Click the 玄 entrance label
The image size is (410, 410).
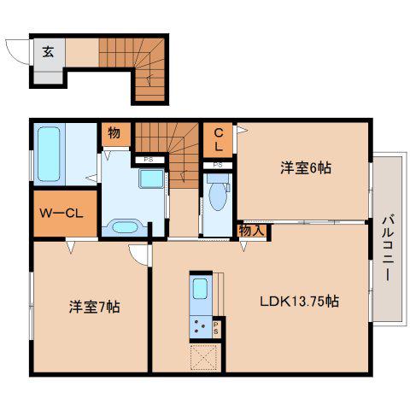click(48, 52)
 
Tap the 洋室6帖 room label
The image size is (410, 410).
click(306, 167)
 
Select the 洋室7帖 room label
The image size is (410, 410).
click(94, 307)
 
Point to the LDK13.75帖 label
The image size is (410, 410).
click(299, 301)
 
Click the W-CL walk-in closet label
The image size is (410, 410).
click(61, 213)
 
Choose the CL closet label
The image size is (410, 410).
click(219, 139)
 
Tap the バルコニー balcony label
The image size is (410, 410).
click(388, 249)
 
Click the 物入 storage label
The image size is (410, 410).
click(252, 231)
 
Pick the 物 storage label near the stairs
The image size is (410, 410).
click(114, 132)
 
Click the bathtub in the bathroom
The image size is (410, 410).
click(49, 154)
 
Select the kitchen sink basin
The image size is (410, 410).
click(200, 289)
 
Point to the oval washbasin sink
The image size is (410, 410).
click(125, 227)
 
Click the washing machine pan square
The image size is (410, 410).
click(151, 179)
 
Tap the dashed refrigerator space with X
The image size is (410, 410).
click(204, 357)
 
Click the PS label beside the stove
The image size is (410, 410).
click(216, 328)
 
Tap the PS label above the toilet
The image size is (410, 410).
click(218, 165)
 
